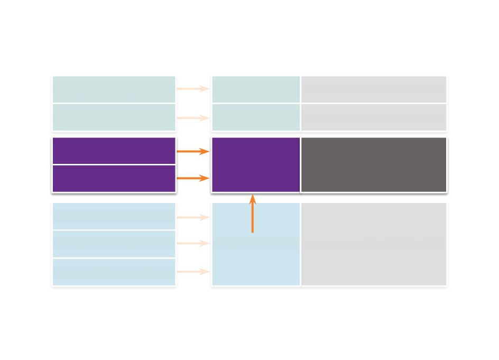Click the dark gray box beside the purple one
point(373,164)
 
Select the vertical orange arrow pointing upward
point(253,213)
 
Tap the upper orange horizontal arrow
point(193,152)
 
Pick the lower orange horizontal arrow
point(193,179)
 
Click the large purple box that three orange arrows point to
point(255,164)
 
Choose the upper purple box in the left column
point(114,151)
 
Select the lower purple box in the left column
point(114,179)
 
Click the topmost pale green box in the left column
point(114,89)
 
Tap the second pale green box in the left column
point(114,117)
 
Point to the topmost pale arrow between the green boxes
point(193,89)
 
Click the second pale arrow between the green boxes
point(193,118)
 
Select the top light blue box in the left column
point(114,216)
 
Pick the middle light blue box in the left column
point(114,244)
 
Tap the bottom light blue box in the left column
point(114,272)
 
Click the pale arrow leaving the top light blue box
point(193,217)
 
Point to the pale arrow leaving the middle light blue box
point(193,243)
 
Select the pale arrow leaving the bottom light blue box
point(193,272)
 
